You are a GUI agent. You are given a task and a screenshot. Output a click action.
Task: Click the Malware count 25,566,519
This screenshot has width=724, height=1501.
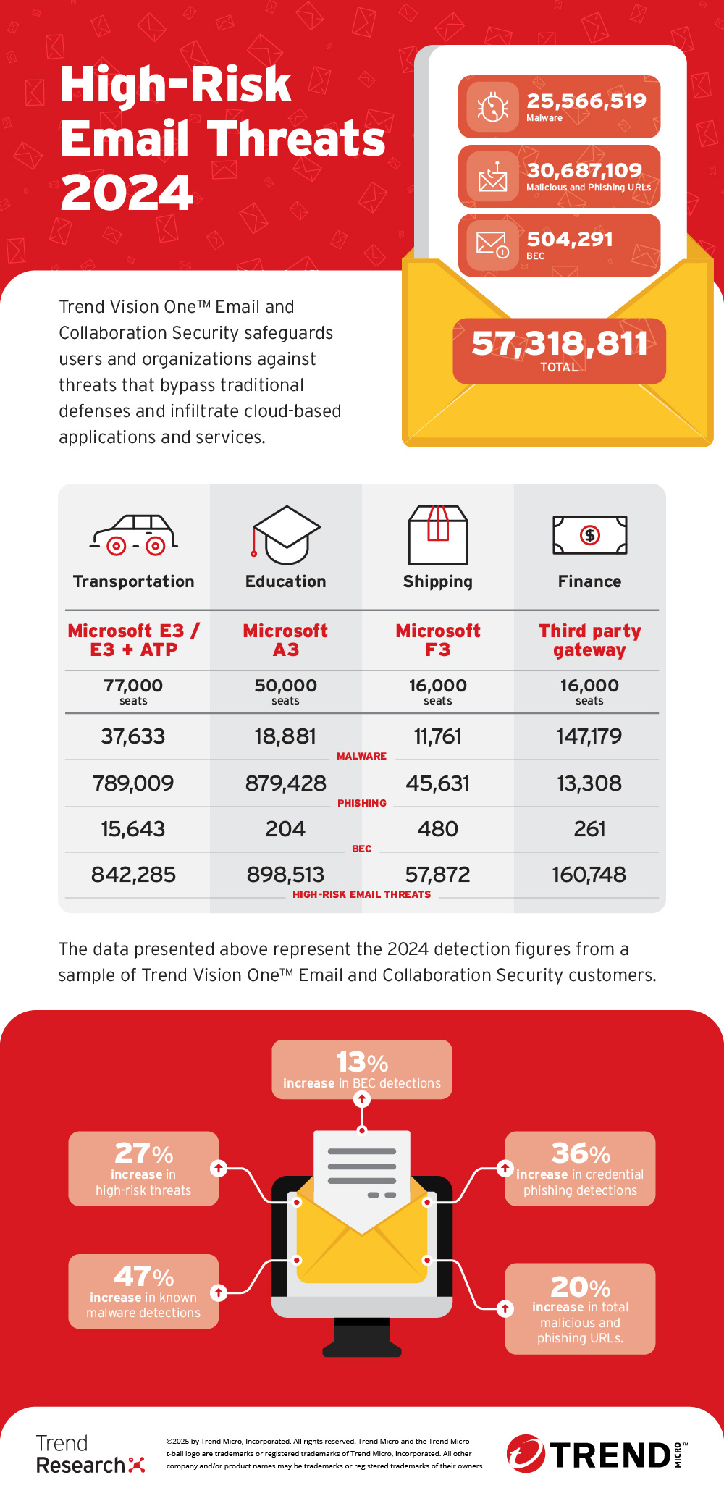pyautogui.click(x=586, y=101)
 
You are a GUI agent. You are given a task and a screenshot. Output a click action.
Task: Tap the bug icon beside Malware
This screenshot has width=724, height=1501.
pyautogui.click(x=492, y=107)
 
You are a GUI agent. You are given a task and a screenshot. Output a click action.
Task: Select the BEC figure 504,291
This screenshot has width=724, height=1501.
pyautogui.click(x=570, y=239)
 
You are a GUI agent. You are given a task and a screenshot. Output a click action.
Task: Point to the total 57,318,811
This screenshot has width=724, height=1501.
pyautogui.click(x=559, y=343)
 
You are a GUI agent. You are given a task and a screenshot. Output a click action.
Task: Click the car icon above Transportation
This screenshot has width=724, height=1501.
pyautogui.click(x=134, y=535)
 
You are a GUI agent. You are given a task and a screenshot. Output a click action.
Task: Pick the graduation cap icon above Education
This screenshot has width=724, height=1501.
pyautogui.click(x=286, y=535)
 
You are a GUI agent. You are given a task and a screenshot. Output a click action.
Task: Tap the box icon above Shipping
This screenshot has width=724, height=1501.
pyautogui.click(x=438, y=535)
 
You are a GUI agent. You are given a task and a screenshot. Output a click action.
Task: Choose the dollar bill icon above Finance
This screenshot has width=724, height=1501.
pyautogui.click(x=590, y=535)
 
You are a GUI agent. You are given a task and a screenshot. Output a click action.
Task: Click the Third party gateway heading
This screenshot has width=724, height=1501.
pyautogui.click(x=590, y=640)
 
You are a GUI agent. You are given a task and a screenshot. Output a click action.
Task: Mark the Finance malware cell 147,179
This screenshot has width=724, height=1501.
pyautogui.click(x=589, y=736)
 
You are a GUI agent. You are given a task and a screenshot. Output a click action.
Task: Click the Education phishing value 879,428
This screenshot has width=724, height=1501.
pyautogui.click(x=286, y=783)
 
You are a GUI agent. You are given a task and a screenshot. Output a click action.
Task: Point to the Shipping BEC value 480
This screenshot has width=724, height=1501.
pyautogui.click(x=438, y=829)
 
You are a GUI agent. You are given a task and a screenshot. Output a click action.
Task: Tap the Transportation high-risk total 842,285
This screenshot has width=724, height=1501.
pyautogui.click(x=133, y=875)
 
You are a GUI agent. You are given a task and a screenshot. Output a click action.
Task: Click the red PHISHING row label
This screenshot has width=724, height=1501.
pyautogui.click(x=362, y=803)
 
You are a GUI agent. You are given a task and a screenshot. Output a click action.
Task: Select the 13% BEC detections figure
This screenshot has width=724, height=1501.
pyautogui.click(x=362, y=1062)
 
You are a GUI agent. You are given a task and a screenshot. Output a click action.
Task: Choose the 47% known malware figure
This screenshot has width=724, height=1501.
pyautogui.click(x=143, y=1276)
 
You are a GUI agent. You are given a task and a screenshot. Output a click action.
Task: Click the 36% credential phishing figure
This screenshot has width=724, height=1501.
pyautogui.click(x=581, y=1153)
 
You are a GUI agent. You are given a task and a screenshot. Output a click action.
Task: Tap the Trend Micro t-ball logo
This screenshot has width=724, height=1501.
pyautogui.click(x=526, y=1453)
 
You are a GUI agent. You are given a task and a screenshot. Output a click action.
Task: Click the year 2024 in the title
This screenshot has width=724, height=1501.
pyautogui.click(x=127, y=193)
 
